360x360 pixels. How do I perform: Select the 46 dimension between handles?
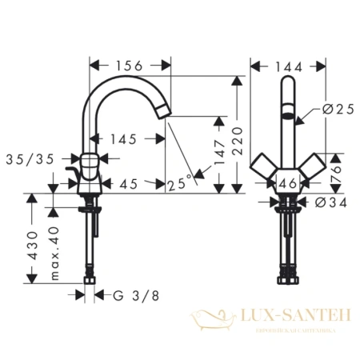[x=288, y=184]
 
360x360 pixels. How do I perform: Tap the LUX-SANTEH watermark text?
[x=293, y=318]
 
